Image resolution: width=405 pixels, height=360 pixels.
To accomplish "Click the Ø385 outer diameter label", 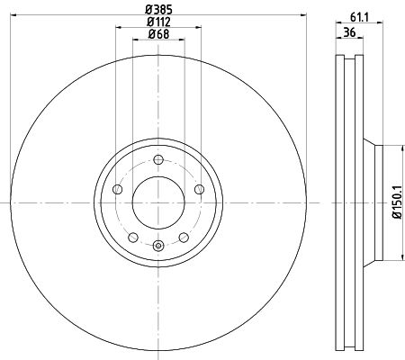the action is tap(158, 10).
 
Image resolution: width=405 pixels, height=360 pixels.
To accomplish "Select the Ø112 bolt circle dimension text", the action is tap(158, 22).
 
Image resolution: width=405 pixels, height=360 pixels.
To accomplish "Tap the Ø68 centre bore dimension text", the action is tap(158, 34).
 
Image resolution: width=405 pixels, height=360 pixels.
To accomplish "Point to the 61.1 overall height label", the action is tap(359, 18).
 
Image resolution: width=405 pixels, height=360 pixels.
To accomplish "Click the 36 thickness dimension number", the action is tap(349, 31).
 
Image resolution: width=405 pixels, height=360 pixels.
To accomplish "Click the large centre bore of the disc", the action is tap(158, 203).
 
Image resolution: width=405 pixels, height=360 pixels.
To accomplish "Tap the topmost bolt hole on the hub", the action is tap(158, 159).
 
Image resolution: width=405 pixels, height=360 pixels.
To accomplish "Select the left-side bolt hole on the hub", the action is tap(117, 189).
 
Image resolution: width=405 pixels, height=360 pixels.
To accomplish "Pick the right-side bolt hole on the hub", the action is tap(200, 189).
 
